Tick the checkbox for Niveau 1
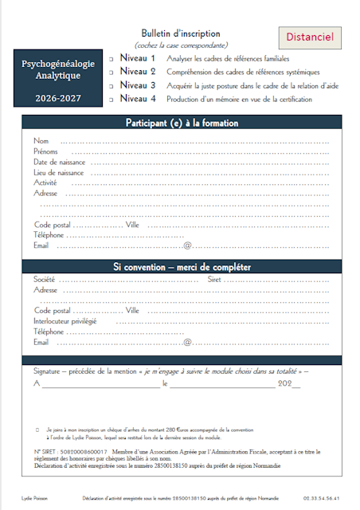[x=112, y=60]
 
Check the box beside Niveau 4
[x=112, y=100]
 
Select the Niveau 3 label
[x=138, y=85]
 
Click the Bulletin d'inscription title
[x=181, y=33]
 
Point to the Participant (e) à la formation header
[x=182, y=123]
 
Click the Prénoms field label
[x=45, y=151]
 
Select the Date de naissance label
[x=60, y=162]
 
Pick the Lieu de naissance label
[x=59, y=172]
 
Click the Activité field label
[x=45, y=182]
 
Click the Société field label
[x=45, y=280]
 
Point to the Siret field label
[x=215, y=280]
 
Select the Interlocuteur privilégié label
[x=65, y=321]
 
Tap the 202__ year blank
[x=288, y=383]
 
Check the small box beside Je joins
[x=37, y=429]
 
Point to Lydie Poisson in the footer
[x=37, y=498]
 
